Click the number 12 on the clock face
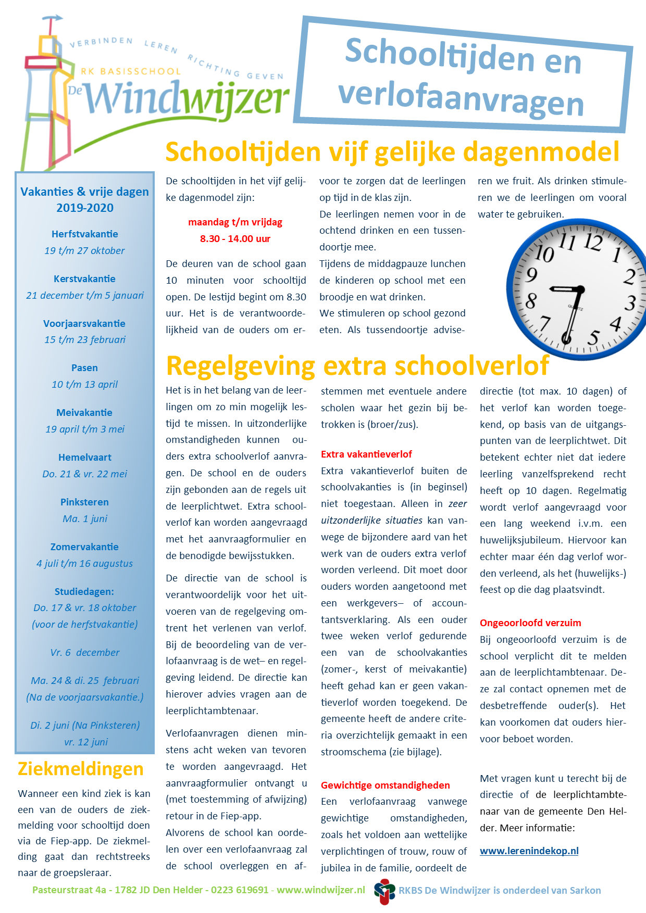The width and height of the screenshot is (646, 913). point(593,242)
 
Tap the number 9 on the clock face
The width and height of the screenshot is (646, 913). point(531,274)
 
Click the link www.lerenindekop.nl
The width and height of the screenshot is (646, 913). point(529,851)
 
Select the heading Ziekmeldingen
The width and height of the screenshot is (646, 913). point(80,769)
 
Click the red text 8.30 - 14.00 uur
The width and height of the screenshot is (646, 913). point(235,239)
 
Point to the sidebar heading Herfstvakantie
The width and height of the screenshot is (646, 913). point(84,234)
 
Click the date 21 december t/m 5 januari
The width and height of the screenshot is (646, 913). point(84,296)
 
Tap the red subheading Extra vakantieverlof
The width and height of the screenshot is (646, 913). point(366,454)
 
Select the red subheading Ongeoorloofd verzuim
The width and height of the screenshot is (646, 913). point(530,623)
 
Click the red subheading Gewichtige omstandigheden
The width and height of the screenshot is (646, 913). point(385,785)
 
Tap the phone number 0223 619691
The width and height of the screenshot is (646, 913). point(240,890)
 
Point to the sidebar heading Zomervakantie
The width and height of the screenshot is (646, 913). point(84,547)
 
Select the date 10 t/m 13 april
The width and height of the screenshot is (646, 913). point(84,385)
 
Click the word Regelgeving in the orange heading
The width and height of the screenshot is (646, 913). point(240,366)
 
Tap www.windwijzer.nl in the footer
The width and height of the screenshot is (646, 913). point(320,890)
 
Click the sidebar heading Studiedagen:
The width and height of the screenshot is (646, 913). point(84,592)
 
